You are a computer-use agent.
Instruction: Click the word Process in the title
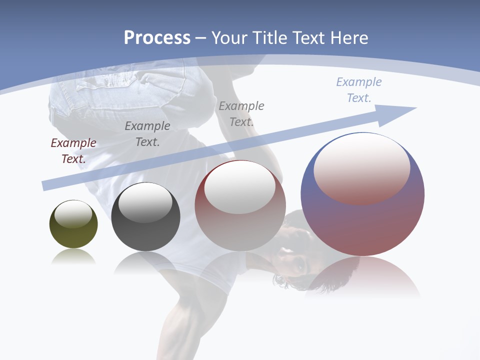pos(157,38)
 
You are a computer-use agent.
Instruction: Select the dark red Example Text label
pos(73,151)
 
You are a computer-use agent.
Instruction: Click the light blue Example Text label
pos(358,90)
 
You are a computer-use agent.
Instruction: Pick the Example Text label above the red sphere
pos(241,114)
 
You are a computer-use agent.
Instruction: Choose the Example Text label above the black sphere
pos(147,134)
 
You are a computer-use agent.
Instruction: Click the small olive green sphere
pos(73,232)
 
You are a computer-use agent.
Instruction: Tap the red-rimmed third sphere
pos(240,225)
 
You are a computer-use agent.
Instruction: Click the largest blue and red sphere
pos(362,220)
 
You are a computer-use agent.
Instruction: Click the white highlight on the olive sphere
pos(73,214)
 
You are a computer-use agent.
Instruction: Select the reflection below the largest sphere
pos(362,277)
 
